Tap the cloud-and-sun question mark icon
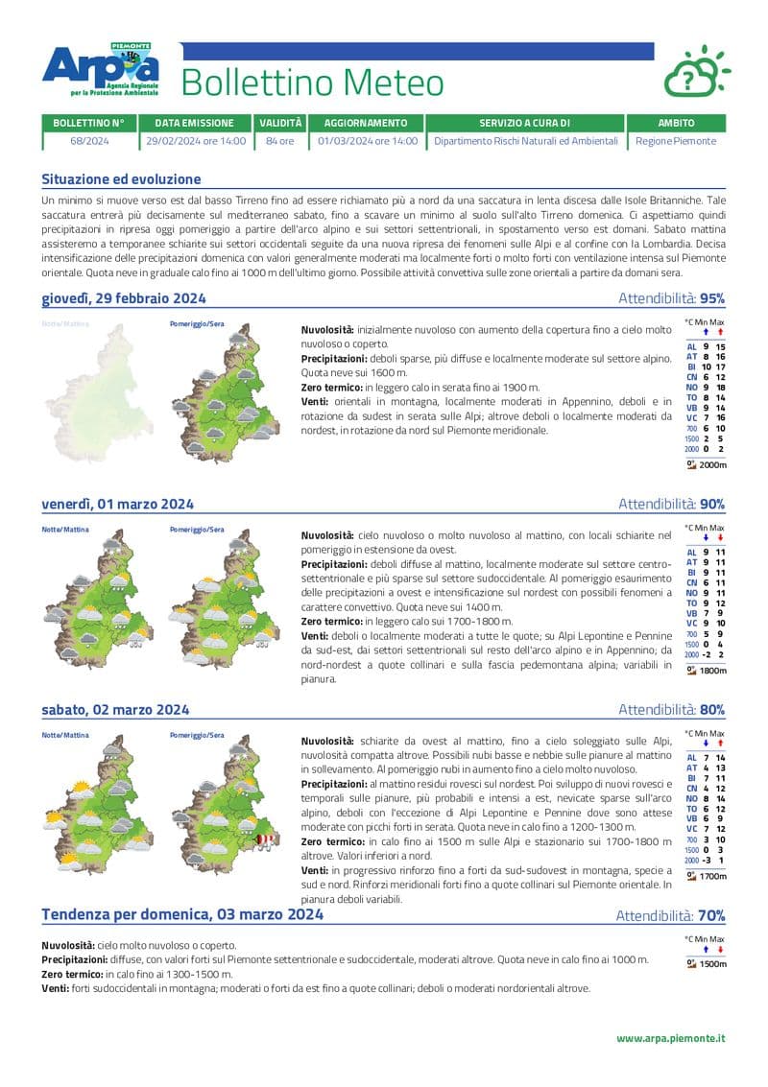[695, 71]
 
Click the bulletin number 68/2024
[89, 141]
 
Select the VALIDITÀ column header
[279, 124]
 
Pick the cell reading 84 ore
[279, 141]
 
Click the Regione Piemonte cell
[676, 141]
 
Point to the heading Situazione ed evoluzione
[121, 179]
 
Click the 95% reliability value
[711, 298]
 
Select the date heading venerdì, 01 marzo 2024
[117, 505]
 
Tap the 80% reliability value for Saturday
[711, 710]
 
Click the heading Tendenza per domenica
[182, 915]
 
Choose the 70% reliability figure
[711, 916]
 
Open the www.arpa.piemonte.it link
[670, 1038]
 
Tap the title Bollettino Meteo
[312, 83]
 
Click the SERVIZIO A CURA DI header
[524, 124]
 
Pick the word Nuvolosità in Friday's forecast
[327, 534]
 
